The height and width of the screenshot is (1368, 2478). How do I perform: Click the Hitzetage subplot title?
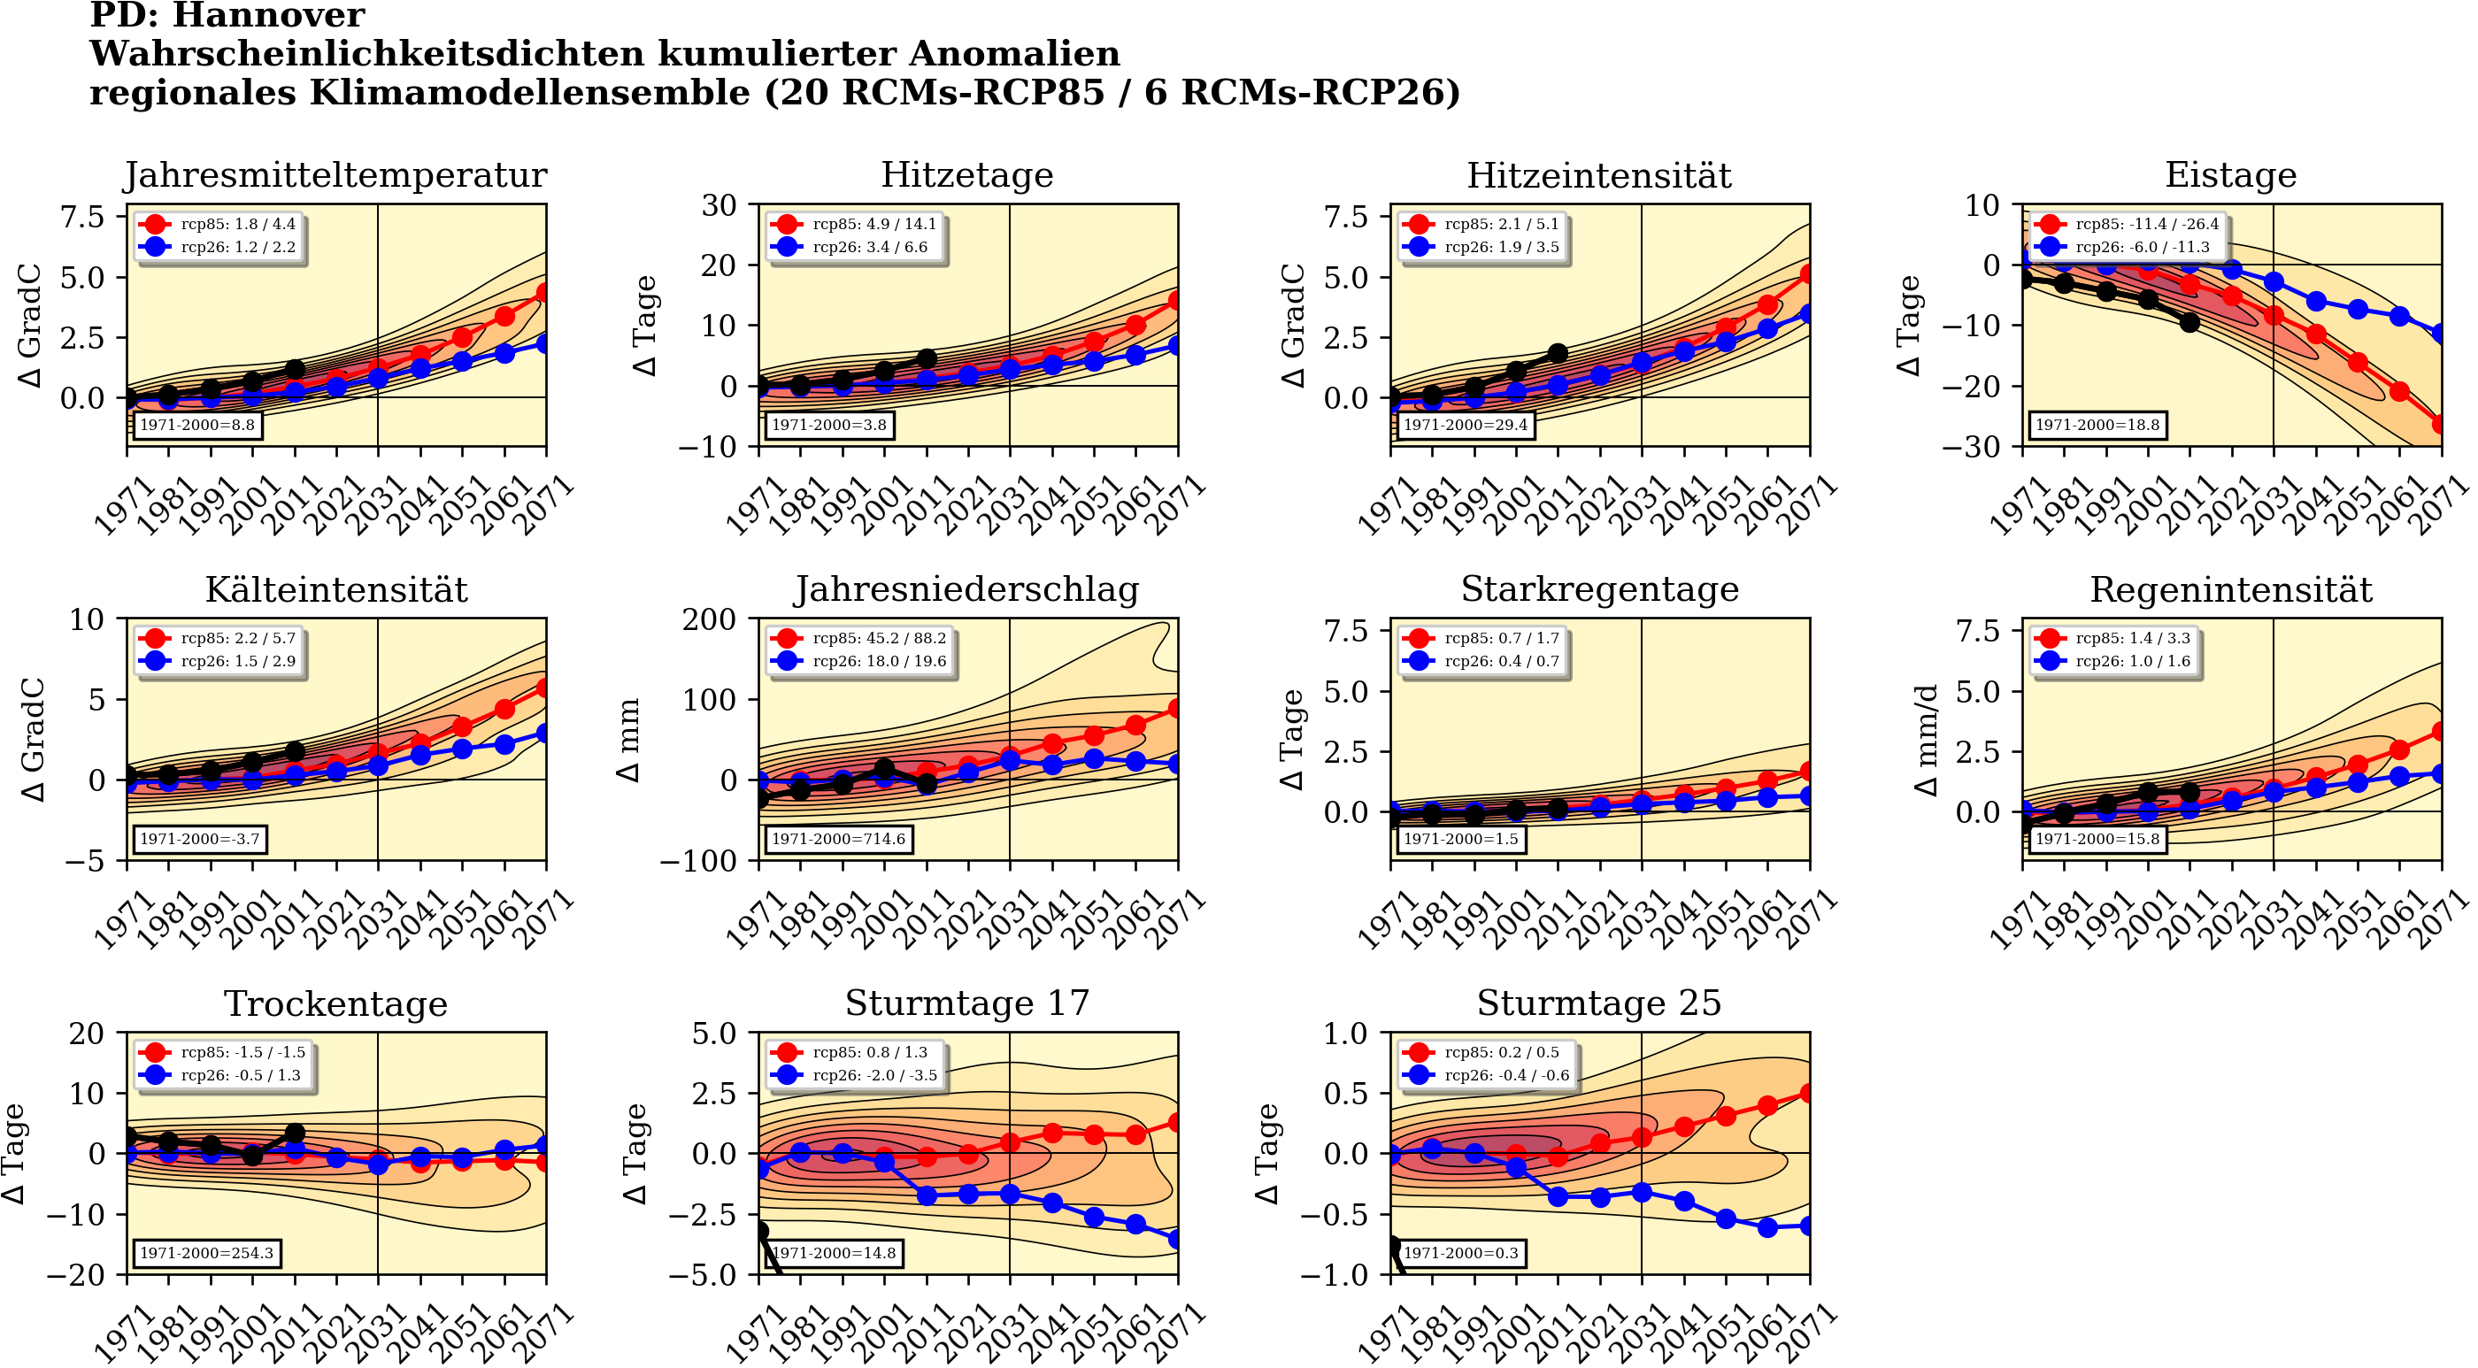(x=966, y=175)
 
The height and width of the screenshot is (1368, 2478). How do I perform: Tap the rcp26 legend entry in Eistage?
(x=2127, y=247)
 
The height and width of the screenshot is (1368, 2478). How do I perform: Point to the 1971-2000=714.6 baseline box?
(x=838, y=839)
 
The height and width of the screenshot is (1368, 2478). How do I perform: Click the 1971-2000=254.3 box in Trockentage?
(x=207, y=1253)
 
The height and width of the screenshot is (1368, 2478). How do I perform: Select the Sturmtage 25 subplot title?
(x=1599, y=1003)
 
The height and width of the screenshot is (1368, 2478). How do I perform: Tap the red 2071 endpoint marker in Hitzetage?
(x=1176, y=301)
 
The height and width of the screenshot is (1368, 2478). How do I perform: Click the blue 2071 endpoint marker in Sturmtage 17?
(x=1176, y=1239)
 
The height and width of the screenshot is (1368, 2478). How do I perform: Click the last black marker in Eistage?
(x=2189, y=322)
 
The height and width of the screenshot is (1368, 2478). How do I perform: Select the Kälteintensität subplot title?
(x=336, y=589)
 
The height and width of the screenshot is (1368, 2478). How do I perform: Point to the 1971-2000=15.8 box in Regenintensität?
(x=2097, y=839)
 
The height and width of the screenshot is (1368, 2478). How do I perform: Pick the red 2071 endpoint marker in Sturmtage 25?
(x=1808, y=1093)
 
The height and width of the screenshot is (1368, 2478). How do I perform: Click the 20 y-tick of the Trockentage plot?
(x=87, y=1034)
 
